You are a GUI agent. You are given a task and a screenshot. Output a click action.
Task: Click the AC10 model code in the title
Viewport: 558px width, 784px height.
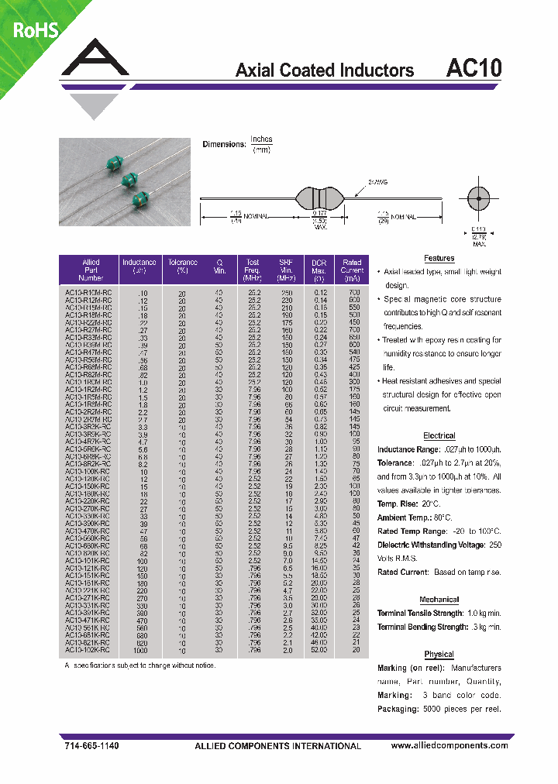click(474, 68)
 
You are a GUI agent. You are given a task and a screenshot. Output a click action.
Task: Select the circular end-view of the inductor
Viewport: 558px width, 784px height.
click(479, 199)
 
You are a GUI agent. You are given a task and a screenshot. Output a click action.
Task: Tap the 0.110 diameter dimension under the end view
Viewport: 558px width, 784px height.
click(479, 229)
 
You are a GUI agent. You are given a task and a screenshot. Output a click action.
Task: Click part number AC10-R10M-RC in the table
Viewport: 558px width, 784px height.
click(90, 294)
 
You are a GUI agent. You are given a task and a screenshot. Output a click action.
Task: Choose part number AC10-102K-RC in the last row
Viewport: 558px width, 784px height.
click(90, 651)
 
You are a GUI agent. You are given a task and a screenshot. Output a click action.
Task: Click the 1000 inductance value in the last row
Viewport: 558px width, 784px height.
click(142, 651)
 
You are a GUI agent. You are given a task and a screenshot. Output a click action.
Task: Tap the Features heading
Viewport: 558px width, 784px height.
click(439, 258)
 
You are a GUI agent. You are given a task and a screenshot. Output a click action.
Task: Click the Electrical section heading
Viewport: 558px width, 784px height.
click(439, 435)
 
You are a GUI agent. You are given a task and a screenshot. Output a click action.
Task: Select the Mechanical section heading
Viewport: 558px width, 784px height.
click(439, 600)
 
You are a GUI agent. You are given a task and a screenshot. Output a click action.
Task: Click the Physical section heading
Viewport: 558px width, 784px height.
click(439, 655)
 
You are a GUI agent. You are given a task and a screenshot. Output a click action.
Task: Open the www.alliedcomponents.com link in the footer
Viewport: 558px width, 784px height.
click(449, 745)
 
